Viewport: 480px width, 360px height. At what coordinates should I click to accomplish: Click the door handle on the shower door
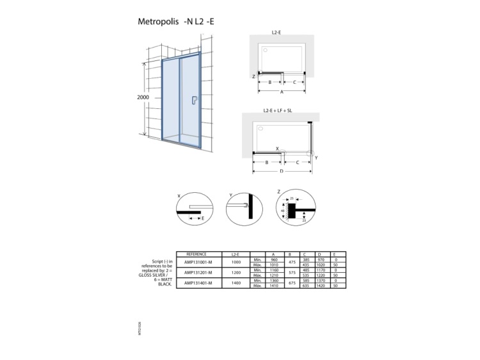pyautogui.click(x=193, y=99)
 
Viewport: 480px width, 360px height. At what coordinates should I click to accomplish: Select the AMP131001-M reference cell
pyautogui.click(x=198, y=263)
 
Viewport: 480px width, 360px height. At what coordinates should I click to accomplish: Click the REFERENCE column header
pyautogui.click(x=198, y=254)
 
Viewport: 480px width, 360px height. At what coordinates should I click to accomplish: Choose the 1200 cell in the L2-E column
pyautogui.click(x=236, y=272)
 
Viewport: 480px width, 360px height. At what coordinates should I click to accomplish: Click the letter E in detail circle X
pyautogui.click(x=203, y=218)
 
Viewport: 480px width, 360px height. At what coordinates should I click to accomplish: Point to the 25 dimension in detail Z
pyautogui.click(x=291, y=199)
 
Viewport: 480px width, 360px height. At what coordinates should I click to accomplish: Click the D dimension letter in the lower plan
pyautogui.click(x=282, y=172)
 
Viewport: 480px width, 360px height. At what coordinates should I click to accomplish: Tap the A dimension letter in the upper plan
pyautogui.click(x=282, y=92)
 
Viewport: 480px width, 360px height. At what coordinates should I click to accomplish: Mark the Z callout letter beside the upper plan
pyautogui.click(x=254, y=76)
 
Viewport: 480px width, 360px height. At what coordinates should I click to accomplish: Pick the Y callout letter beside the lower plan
pyautogui.click(x=316, y=157)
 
